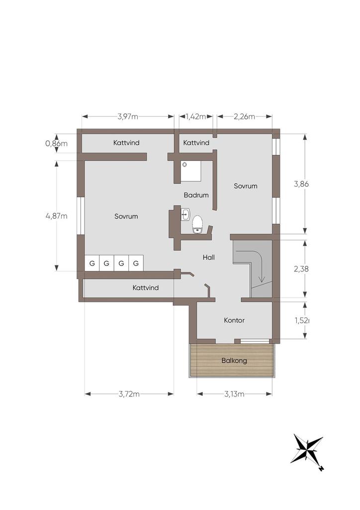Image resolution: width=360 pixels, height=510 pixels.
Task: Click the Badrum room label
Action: (x=196, y=195)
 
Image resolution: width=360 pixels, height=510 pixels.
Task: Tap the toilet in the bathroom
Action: (x=197, y=225)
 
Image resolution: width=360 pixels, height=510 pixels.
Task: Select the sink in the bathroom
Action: (x=185, y=215)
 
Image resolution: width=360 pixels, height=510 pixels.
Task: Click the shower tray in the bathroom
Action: (x=191, y=171)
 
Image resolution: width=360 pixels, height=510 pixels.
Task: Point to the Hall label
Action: (x=209, y=257)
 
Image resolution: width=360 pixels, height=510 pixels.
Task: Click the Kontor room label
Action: (x=234, y=320)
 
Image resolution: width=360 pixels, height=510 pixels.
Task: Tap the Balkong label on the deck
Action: (x=234, y=361)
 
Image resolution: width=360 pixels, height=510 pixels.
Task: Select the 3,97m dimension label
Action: (x=128, y=117)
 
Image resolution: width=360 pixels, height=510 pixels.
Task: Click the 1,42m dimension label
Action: (x=196, y=117)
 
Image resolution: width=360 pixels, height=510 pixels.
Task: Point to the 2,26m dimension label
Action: (x=245, y=117)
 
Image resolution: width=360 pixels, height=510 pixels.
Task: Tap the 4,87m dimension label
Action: (x=57, y=216)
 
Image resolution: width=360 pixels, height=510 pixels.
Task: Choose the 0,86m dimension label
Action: (x=57, y=143)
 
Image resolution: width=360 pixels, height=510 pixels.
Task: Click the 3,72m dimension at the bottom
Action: (x=129, y=394)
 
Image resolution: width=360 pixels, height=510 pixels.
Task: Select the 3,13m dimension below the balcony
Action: (x=234, y=394)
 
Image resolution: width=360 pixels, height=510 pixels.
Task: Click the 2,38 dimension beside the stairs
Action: (x=301, y=269)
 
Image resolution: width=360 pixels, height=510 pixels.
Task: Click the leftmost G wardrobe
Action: (x=92, y=263)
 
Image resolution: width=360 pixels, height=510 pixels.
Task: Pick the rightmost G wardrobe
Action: (x=136, y=263)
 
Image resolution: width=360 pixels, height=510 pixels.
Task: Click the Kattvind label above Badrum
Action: (x=196, y=143)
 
